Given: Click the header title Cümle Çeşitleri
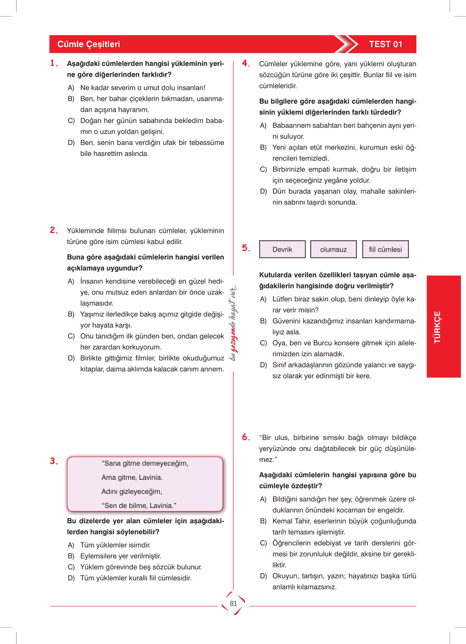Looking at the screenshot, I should point(89,44).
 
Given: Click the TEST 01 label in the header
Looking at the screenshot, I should point(385,44).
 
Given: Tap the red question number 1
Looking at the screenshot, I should point(53,63).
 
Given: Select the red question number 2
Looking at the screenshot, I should point(53,230).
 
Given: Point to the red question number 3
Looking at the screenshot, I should point(53,461).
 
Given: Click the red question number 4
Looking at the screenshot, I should point(245,63).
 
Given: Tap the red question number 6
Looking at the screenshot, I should point(245,437).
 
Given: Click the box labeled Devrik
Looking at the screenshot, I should point(282,249).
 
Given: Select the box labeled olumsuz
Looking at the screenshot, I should point(334,249).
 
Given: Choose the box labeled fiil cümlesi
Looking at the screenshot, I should point(385,249).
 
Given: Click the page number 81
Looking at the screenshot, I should point(234,604).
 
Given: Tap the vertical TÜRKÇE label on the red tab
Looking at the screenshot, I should point(437,327).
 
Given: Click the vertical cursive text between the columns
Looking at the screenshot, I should point(233,323).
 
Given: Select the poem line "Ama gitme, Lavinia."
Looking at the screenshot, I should point(132,477).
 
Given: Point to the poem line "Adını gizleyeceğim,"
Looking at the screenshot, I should point(132,492).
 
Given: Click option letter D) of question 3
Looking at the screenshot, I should point(71,578).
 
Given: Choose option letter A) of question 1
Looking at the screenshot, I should point(71,88).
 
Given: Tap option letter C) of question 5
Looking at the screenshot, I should point(263,343).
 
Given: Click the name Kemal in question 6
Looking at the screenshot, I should point(282,521).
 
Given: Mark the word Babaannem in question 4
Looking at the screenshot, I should point(291,125).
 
